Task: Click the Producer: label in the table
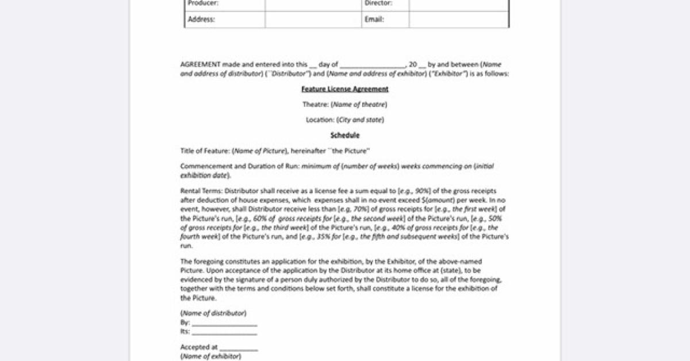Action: click(204, 3)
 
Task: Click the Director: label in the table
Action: click(378, 3)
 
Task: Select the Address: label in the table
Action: click(201, 19)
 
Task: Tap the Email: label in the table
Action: click(374, 19)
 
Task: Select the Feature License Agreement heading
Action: click(345, 89)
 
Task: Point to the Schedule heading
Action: click(345, 136)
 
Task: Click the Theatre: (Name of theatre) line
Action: click(345, 105)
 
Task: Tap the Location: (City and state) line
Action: click(345, 120)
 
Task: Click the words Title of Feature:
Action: click(205, 151)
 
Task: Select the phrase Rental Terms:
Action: click(202, 191)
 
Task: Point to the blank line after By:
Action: click(224, 323)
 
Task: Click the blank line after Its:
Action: click(224, 332)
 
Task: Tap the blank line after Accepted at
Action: click(238, 348)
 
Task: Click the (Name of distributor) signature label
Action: click(213, 313)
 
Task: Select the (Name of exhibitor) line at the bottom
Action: click(211, 356)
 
